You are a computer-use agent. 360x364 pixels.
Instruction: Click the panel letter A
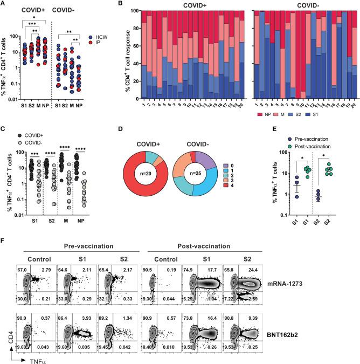click(x=4, y=4)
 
